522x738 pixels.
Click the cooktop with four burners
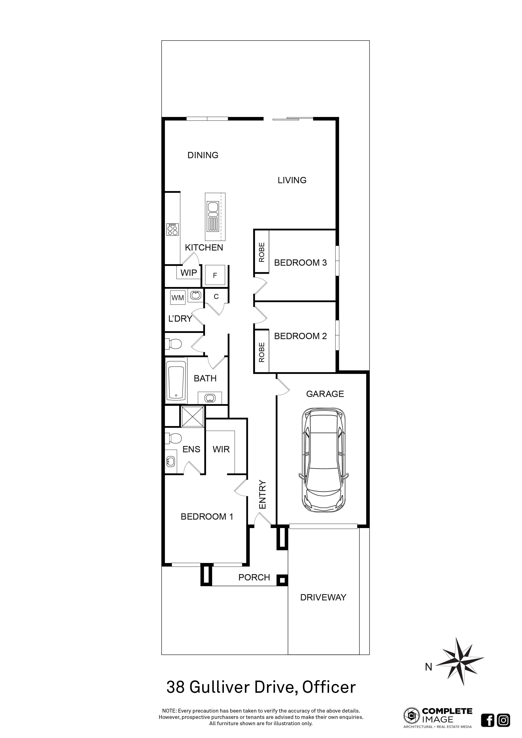173,230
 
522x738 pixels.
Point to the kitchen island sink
213,209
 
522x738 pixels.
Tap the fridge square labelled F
215,275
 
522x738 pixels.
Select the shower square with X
192,417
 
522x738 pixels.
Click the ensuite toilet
174,438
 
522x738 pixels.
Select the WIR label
221,449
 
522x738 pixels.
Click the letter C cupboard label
216,296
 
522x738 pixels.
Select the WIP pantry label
189,273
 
